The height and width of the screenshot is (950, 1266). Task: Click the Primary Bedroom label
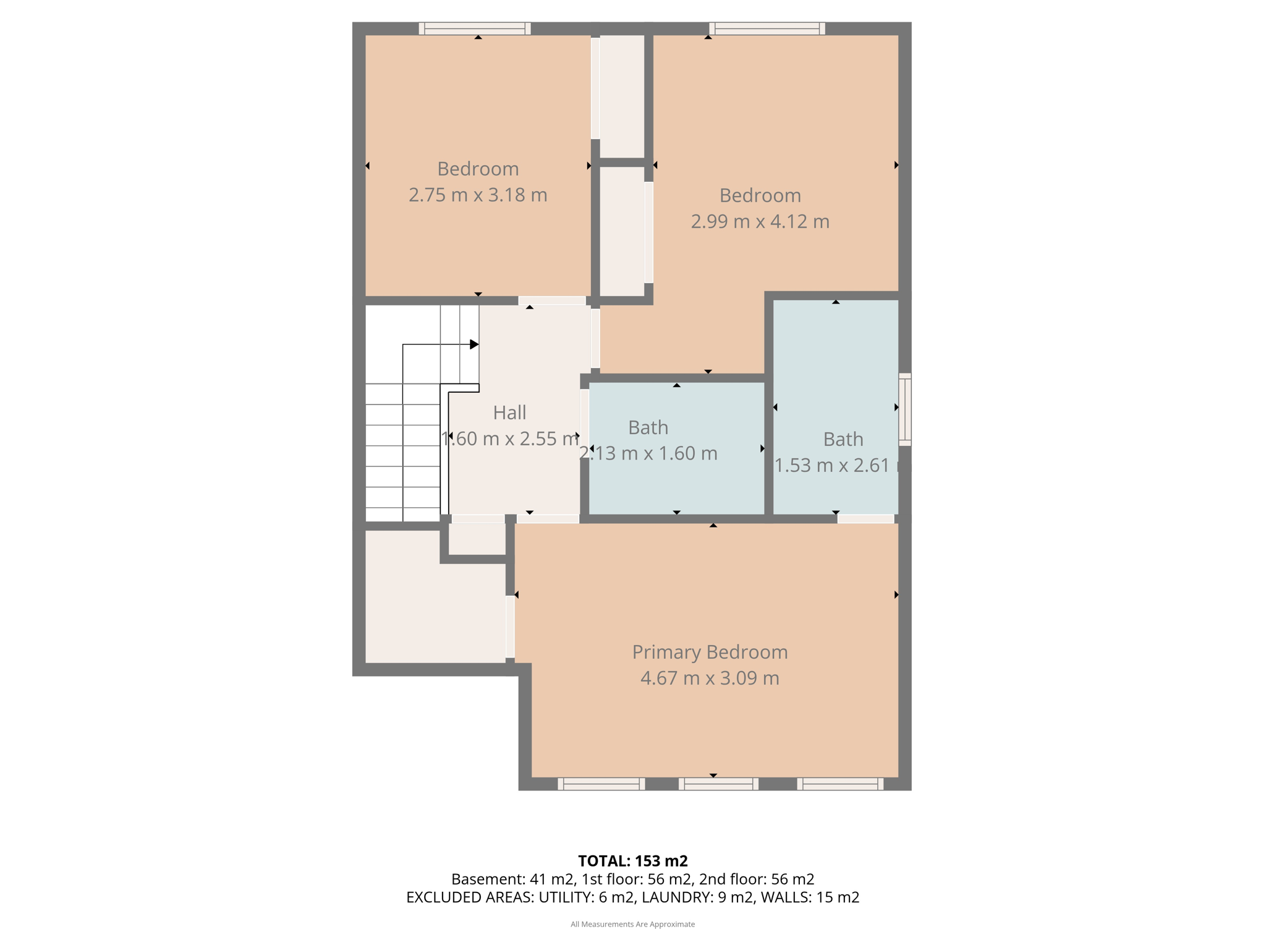(x=710, y=652)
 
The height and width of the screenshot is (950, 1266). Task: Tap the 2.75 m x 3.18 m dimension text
(x=478, y=195)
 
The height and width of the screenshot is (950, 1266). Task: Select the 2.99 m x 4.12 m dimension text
(x=760, y=221)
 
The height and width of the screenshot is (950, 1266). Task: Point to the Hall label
(x=509, y=413)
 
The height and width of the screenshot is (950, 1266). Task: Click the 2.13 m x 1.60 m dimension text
(x=648, y=453)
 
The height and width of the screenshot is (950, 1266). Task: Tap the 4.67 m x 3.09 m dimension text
(x=710, y=678)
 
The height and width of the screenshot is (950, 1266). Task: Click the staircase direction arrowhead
(x=474, y=344)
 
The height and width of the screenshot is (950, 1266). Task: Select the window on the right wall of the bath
(x=904, y=409)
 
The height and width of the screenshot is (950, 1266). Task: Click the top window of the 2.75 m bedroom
(x=475, y=28)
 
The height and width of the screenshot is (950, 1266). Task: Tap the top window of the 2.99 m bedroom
(x=767, y=28)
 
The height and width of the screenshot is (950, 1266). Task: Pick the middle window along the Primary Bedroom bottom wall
(x=718, y=784)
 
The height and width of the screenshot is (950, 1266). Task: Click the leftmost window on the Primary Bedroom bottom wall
(x=601, y=784)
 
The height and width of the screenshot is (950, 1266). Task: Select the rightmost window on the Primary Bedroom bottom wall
(x=840, y=784)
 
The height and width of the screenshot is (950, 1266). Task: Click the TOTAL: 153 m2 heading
(x=633, y=861)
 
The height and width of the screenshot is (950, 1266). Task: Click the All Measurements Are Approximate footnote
(x=633, y=924)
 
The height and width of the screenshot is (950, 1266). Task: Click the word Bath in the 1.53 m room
(x=843, y=439)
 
